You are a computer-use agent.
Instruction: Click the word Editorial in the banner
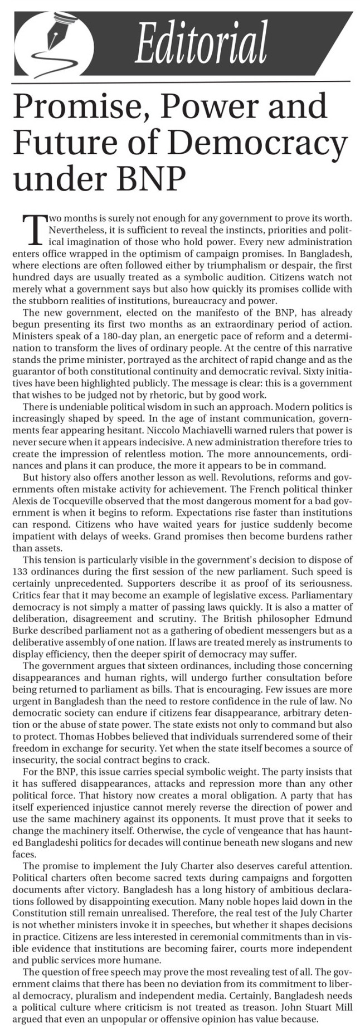pos(201,44)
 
